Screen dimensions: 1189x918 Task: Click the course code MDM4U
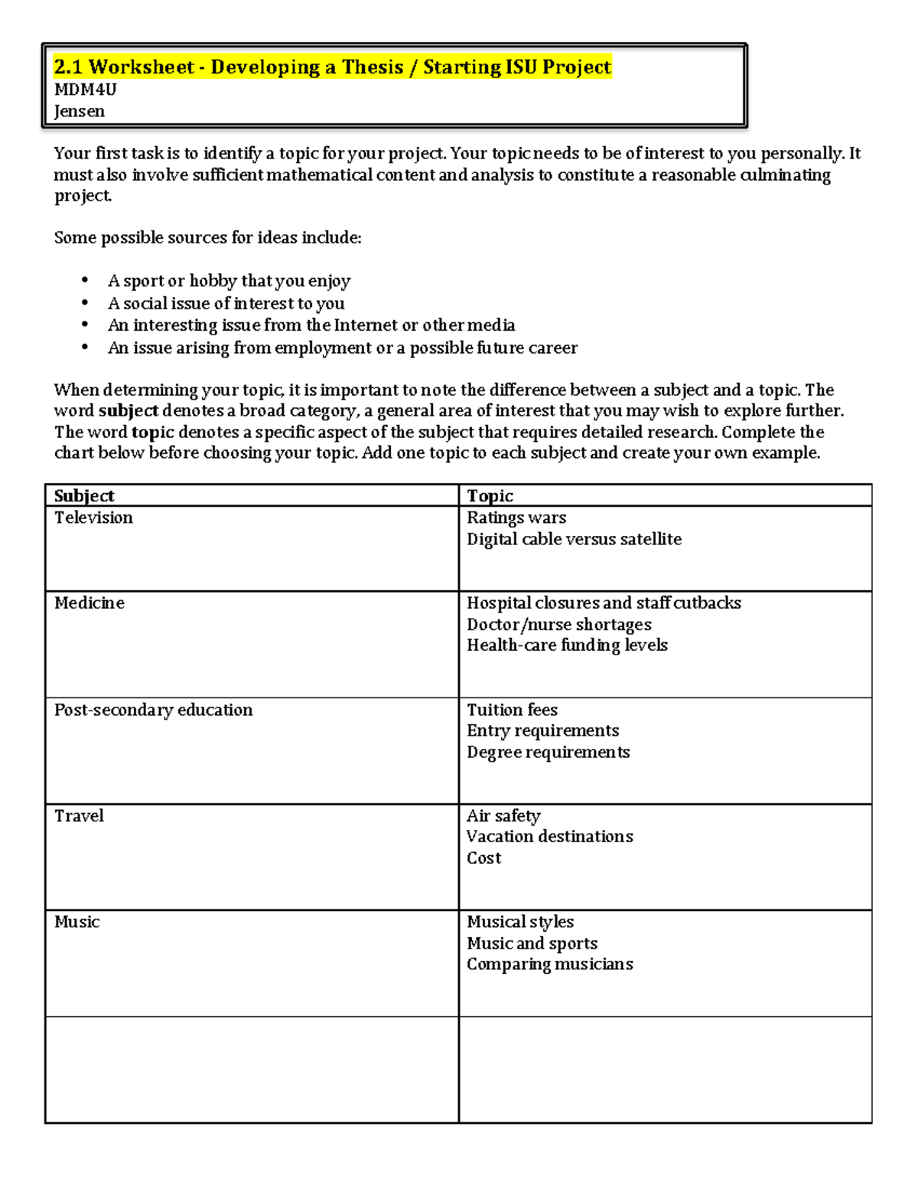85,90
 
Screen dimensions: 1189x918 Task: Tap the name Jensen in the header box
79,111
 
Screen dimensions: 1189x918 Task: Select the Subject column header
84,496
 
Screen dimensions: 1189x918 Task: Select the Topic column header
490,496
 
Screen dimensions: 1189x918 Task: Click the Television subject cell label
93,518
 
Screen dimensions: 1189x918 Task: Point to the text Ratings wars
516,518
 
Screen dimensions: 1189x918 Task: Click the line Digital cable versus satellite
574,539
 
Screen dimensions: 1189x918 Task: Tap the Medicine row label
89,603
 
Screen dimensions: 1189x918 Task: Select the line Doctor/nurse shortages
559,624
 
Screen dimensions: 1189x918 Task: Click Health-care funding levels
567,645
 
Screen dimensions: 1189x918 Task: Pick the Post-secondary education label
153,710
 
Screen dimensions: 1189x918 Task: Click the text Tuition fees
512,710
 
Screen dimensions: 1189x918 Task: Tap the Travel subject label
79,815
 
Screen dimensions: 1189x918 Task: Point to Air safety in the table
503,815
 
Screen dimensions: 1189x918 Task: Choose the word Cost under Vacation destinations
483,857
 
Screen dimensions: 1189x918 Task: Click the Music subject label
76,922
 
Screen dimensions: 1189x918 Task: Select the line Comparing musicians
550,964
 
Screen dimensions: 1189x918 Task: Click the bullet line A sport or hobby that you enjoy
229,281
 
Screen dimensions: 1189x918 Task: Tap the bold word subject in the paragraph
128,411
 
